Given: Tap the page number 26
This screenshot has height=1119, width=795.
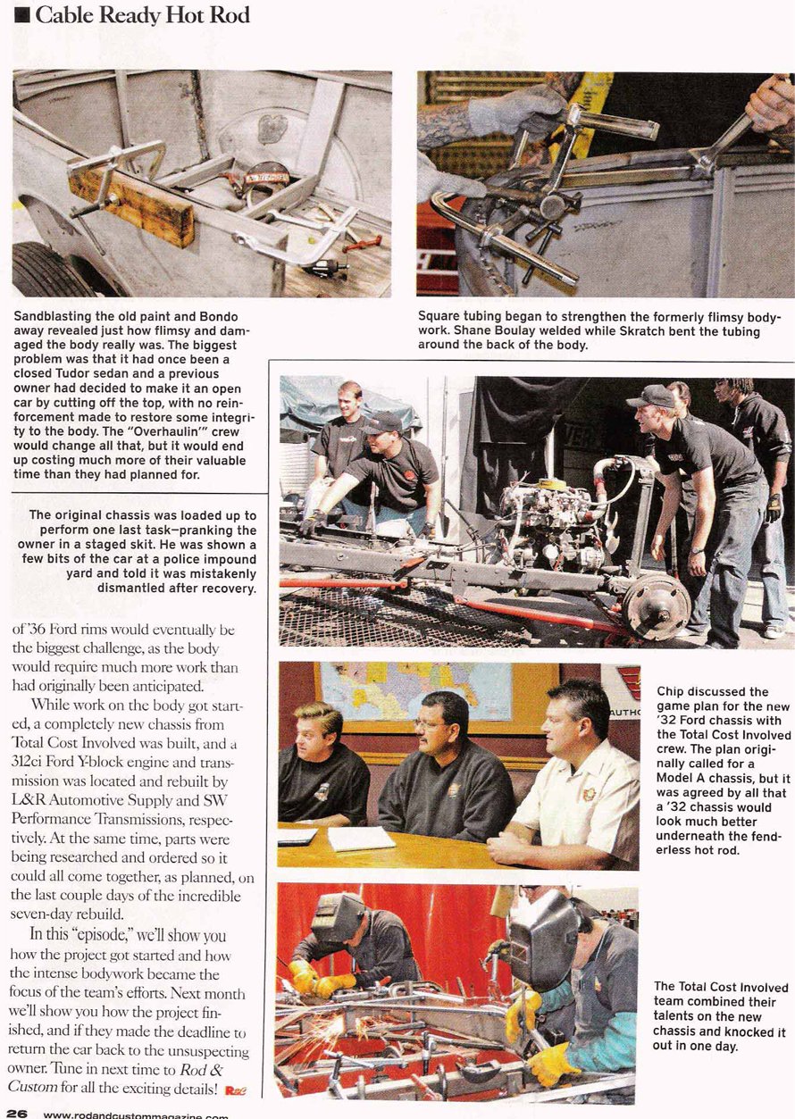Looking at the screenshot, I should tap(14, 1113).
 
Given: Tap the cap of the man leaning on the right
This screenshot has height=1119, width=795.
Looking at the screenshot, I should tap(649, 396).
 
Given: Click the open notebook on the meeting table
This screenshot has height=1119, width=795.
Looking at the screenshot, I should tap(361, 839).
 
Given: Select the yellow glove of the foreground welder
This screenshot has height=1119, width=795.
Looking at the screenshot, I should tap(553, 1063).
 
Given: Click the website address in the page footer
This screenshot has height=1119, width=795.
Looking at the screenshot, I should tap(134, 1114).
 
